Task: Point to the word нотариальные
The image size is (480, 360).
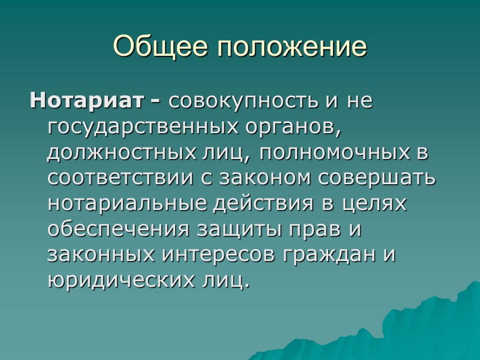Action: (x=127, y=204)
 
